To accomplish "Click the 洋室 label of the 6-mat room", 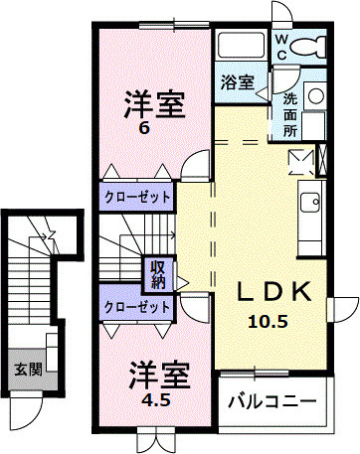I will click(x=153, y=104).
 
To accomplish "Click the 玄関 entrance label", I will click(x=28, y=370).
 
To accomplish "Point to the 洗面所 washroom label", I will click(x=290, y=114).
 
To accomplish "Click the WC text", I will click(x=281, y=46).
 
